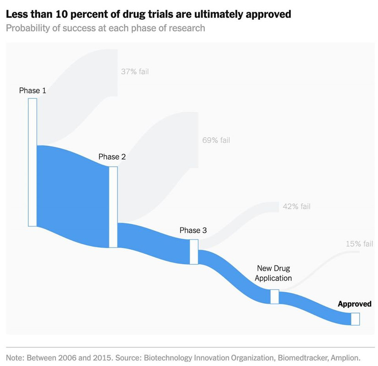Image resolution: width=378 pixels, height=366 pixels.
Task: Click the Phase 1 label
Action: [33, 91]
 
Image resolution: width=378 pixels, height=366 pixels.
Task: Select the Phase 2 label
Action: [112, 157]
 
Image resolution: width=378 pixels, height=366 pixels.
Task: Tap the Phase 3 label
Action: [193, 230]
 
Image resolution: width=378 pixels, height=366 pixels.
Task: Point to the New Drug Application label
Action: [273, 273]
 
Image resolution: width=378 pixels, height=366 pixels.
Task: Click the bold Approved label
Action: [354, 304]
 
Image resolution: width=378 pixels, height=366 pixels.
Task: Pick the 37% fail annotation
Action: [135, 71]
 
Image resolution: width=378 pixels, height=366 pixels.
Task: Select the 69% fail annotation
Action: [216, 140]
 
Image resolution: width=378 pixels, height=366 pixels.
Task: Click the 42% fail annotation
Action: [296, 206]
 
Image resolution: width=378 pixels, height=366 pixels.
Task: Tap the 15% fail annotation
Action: [359, 244]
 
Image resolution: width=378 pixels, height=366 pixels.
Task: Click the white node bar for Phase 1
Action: [33, 162]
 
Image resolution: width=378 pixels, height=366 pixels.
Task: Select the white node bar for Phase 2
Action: [113, 207]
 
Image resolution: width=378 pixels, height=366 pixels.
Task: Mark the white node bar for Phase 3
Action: [194, 252]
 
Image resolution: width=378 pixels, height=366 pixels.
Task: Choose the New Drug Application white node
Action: [274, 296]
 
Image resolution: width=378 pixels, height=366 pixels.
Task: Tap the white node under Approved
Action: [355, 319]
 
